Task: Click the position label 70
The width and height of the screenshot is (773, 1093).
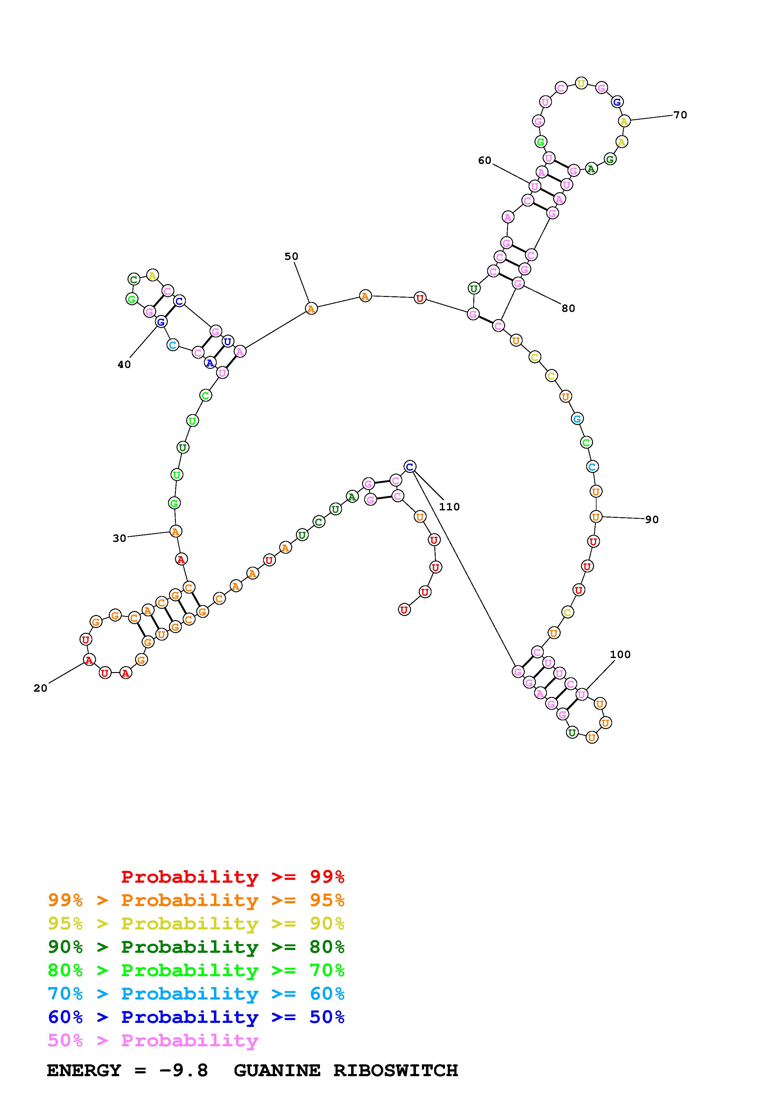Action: [680, 115]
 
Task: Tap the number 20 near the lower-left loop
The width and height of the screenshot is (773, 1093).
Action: [41, 688]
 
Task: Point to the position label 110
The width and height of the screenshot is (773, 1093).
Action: [449, 507]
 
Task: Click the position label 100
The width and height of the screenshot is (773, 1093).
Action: [620, 655]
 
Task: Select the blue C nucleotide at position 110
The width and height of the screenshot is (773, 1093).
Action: [410, 466]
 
